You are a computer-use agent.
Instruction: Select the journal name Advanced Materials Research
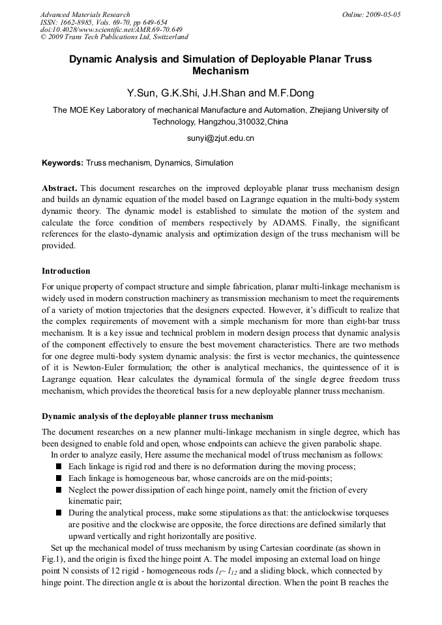click(85, 14)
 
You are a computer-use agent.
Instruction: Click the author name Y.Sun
click(142, 93)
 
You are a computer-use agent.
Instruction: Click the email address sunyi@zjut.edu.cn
click(220, 138)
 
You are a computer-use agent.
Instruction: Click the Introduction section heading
click(66, 271)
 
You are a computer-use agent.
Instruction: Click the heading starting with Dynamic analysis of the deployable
click(157, 416)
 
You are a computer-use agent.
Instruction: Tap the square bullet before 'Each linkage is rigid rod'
click(59, 467)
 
